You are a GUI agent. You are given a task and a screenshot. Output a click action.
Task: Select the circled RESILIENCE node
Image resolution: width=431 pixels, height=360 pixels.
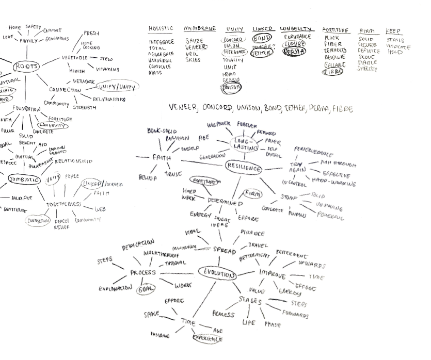point(244,168)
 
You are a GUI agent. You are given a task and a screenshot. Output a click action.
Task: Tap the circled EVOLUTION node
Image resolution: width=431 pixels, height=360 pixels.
point(218,273)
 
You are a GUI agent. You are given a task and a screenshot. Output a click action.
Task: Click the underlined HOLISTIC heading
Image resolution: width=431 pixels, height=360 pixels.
point(161,29)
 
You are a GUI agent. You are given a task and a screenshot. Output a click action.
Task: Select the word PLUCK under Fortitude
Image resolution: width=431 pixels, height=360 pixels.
point(332,38)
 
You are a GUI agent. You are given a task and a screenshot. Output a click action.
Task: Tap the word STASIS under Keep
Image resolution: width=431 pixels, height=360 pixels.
point(395,40)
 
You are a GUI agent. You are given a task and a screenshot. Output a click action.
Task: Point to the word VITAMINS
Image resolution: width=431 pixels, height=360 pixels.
point(107,69)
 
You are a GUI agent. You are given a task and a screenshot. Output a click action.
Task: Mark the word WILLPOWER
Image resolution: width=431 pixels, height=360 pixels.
point(218,125)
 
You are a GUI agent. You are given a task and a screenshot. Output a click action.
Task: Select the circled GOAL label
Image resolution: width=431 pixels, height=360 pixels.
point(145,289)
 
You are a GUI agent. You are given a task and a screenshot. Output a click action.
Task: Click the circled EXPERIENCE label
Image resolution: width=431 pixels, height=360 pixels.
point(207,339)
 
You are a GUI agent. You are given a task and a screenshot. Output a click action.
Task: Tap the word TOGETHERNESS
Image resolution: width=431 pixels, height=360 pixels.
point(65,204)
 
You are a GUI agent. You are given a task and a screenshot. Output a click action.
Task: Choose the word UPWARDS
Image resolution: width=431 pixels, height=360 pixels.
point(313,266)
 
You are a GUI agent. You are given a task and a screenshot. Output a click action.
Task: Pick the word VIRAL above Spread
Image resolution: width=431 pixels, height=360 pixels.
point(191,233)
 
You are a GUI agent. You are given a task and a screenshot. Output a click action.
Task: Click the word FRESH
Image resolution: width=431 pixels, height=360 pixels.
point(91,34)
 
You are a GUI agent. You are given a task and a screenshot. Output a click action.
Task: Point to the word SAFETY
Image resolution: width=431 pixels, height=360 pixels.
point(33,27)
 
